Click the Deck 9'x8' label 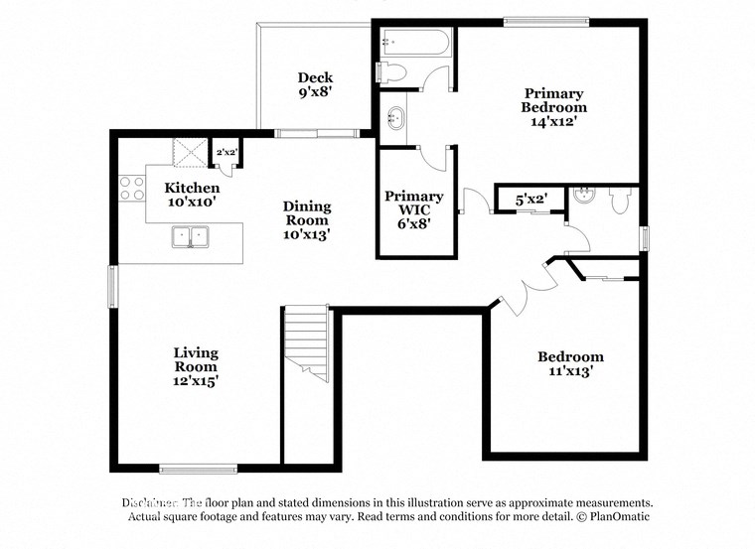(x=315, y=84)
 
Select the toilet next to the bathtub (x=393, y=72)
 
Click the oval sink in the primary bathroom (x=396, y=119)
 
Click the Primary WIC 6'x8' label (x=414, y=210)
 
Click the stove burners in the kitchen (x=132, y=188)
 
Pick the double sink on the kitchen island (x=191, y=237)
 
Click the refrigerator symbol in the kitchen (x=189, y=152)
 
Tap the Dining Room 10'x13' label (x=307, y=220)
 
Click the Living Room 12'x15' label (x=196, y=366)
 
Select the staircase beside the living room (x=307, y=343)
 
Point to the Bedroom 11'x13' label (x=570, y=364)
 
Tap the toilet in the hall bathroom (x=621, y=202)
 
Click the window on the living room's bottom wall (x=198, y=469)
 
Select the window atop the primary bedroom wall (x=544, y=22)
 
